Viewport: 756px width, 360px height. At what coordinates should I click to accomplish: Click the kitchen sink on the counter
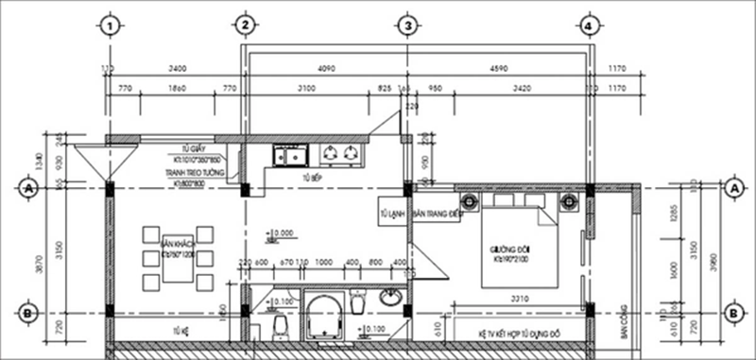pos(289,153)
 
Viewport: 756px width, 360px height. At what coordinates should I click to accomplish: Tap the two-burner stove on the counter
pos(340,153)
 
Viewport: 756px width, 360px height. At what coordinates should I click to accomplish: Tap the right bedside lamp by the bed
pos(569,200)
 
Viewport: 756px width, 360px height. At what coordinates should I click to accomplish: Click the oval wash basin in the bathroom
pos(389,299)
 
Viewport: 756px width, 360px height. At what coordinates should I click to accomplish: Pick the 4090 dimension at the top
pos(326,69)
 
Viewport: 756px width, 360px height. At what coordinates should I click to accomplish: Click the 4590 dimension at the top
pos(499,69)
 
